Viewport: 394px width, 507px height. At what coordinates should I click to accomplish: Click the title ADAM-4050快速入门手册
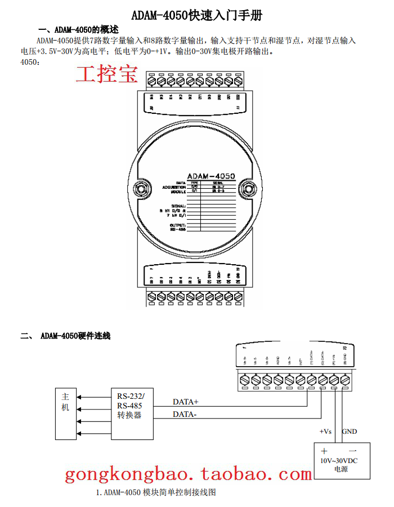click(x=196, y=15)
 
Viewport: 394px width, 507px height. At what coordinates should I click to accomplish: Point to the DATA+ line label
click(x=186, y=402)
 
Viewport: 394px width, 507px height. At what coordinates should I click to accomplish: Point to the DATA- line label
click(x=185, y=415)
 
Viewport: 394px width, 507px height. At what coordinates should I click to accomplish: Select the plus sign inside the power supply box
click(x=324, y=451)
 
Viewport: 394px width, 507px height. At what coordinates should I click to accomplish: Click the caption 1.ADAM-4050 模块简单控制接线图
click(x=156, y=492)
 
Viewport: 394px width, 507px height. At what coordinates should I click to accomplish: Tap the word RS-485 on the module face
click(x=178, y=229)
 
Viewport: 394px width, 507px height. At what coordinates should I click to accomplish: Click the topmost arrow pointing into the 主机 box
click(x=80, y=396)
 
